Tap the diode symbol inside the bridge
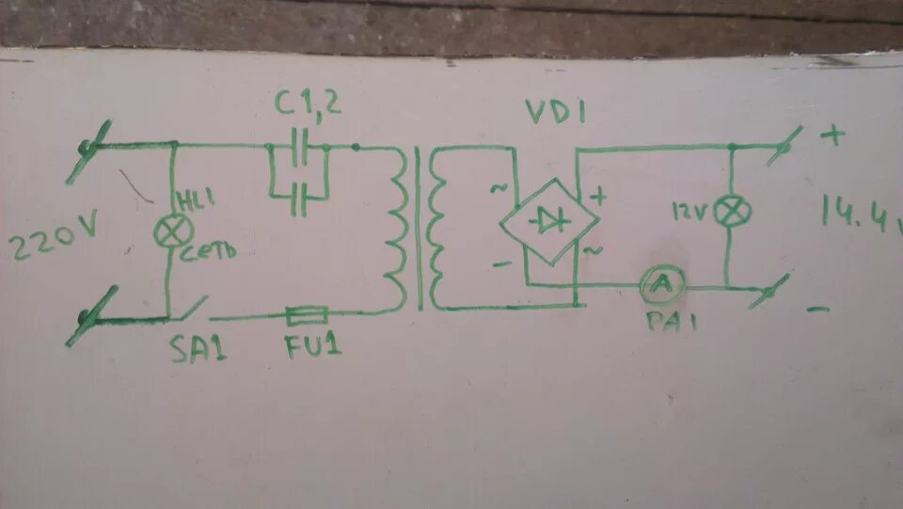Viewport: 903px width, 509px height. click(x=547, y=220)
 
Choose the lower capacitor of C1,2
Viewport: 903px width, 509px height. click(x=298, y=198)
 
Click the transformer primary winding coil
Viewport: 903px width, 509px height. click(x=395, y=227)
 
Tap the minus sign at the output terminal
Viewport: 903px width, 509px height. click(x=818, y=309)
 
